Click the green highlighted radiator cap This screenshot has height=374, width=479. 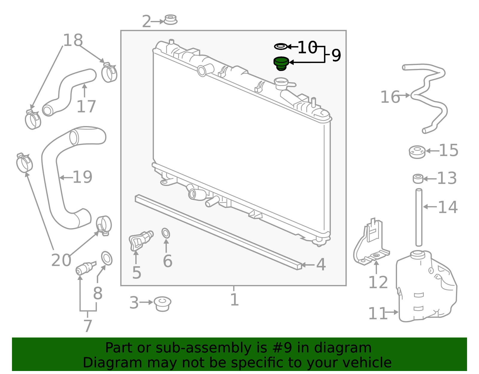point(281,63)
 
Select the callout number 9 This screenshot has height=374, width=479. point(336,55)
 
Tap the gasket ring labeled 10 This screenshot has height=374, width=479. point(281,46)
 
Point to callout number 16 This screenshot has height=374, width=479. point(390,97)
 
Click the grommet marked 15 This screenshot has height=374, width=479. point(417,152)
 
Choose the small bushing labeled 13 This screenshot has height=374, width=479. point(418,179)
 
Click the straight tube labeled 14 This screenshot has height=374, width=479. point(419,217)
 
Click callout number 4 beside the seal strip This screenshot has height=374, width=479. point(321,264)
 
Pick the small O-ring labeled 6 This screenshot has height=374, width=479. point(166,233)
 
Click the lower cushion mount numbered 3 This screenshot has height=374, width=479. point(163,304)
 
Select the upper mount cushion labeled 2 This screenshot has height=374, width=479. point(171,20)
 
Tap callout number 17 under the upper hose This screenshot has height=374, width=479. point(86,107)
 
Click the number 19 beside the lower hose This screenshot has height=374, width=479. point(82,177)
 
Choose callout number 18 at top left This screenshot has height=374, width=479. point(73,40)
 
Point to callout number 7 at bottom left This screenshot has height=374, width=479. point(87,326)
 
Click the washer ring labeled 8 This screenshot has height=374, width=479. point(107,258)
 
